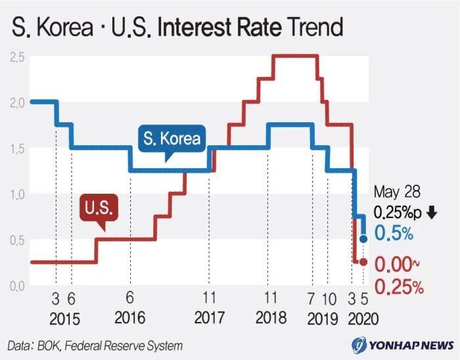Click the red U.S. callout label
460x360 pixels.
tap(99, 209)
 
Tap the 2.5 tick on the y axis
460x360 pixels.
tap(17, 57)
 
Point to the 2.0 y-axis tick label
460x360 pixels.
tap(17, 102)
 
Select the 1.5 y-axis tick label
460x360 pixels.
tap(17, 148)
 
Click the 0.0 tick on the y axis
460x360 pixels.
tap(17, 286)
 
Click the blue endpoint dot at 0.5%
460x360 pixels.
tap(363, 238)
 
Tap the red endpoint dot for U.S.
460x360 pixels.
tap(363, 262)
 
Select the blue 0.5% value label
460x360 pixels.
tap(394, 233)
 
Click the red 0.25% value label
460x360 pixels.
tap(398, 287)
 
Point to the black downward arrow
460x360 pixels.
tap(431, 212)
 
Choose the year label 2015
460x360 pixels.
tap(64, 319)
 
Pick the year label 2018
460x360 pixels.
tap(270, 318)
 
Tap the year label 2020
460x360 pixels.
tap(363, 319)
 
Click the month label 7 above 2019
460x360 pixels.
tap(312, 299)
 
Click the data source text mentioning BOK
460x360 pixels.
tap(95, 345)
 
